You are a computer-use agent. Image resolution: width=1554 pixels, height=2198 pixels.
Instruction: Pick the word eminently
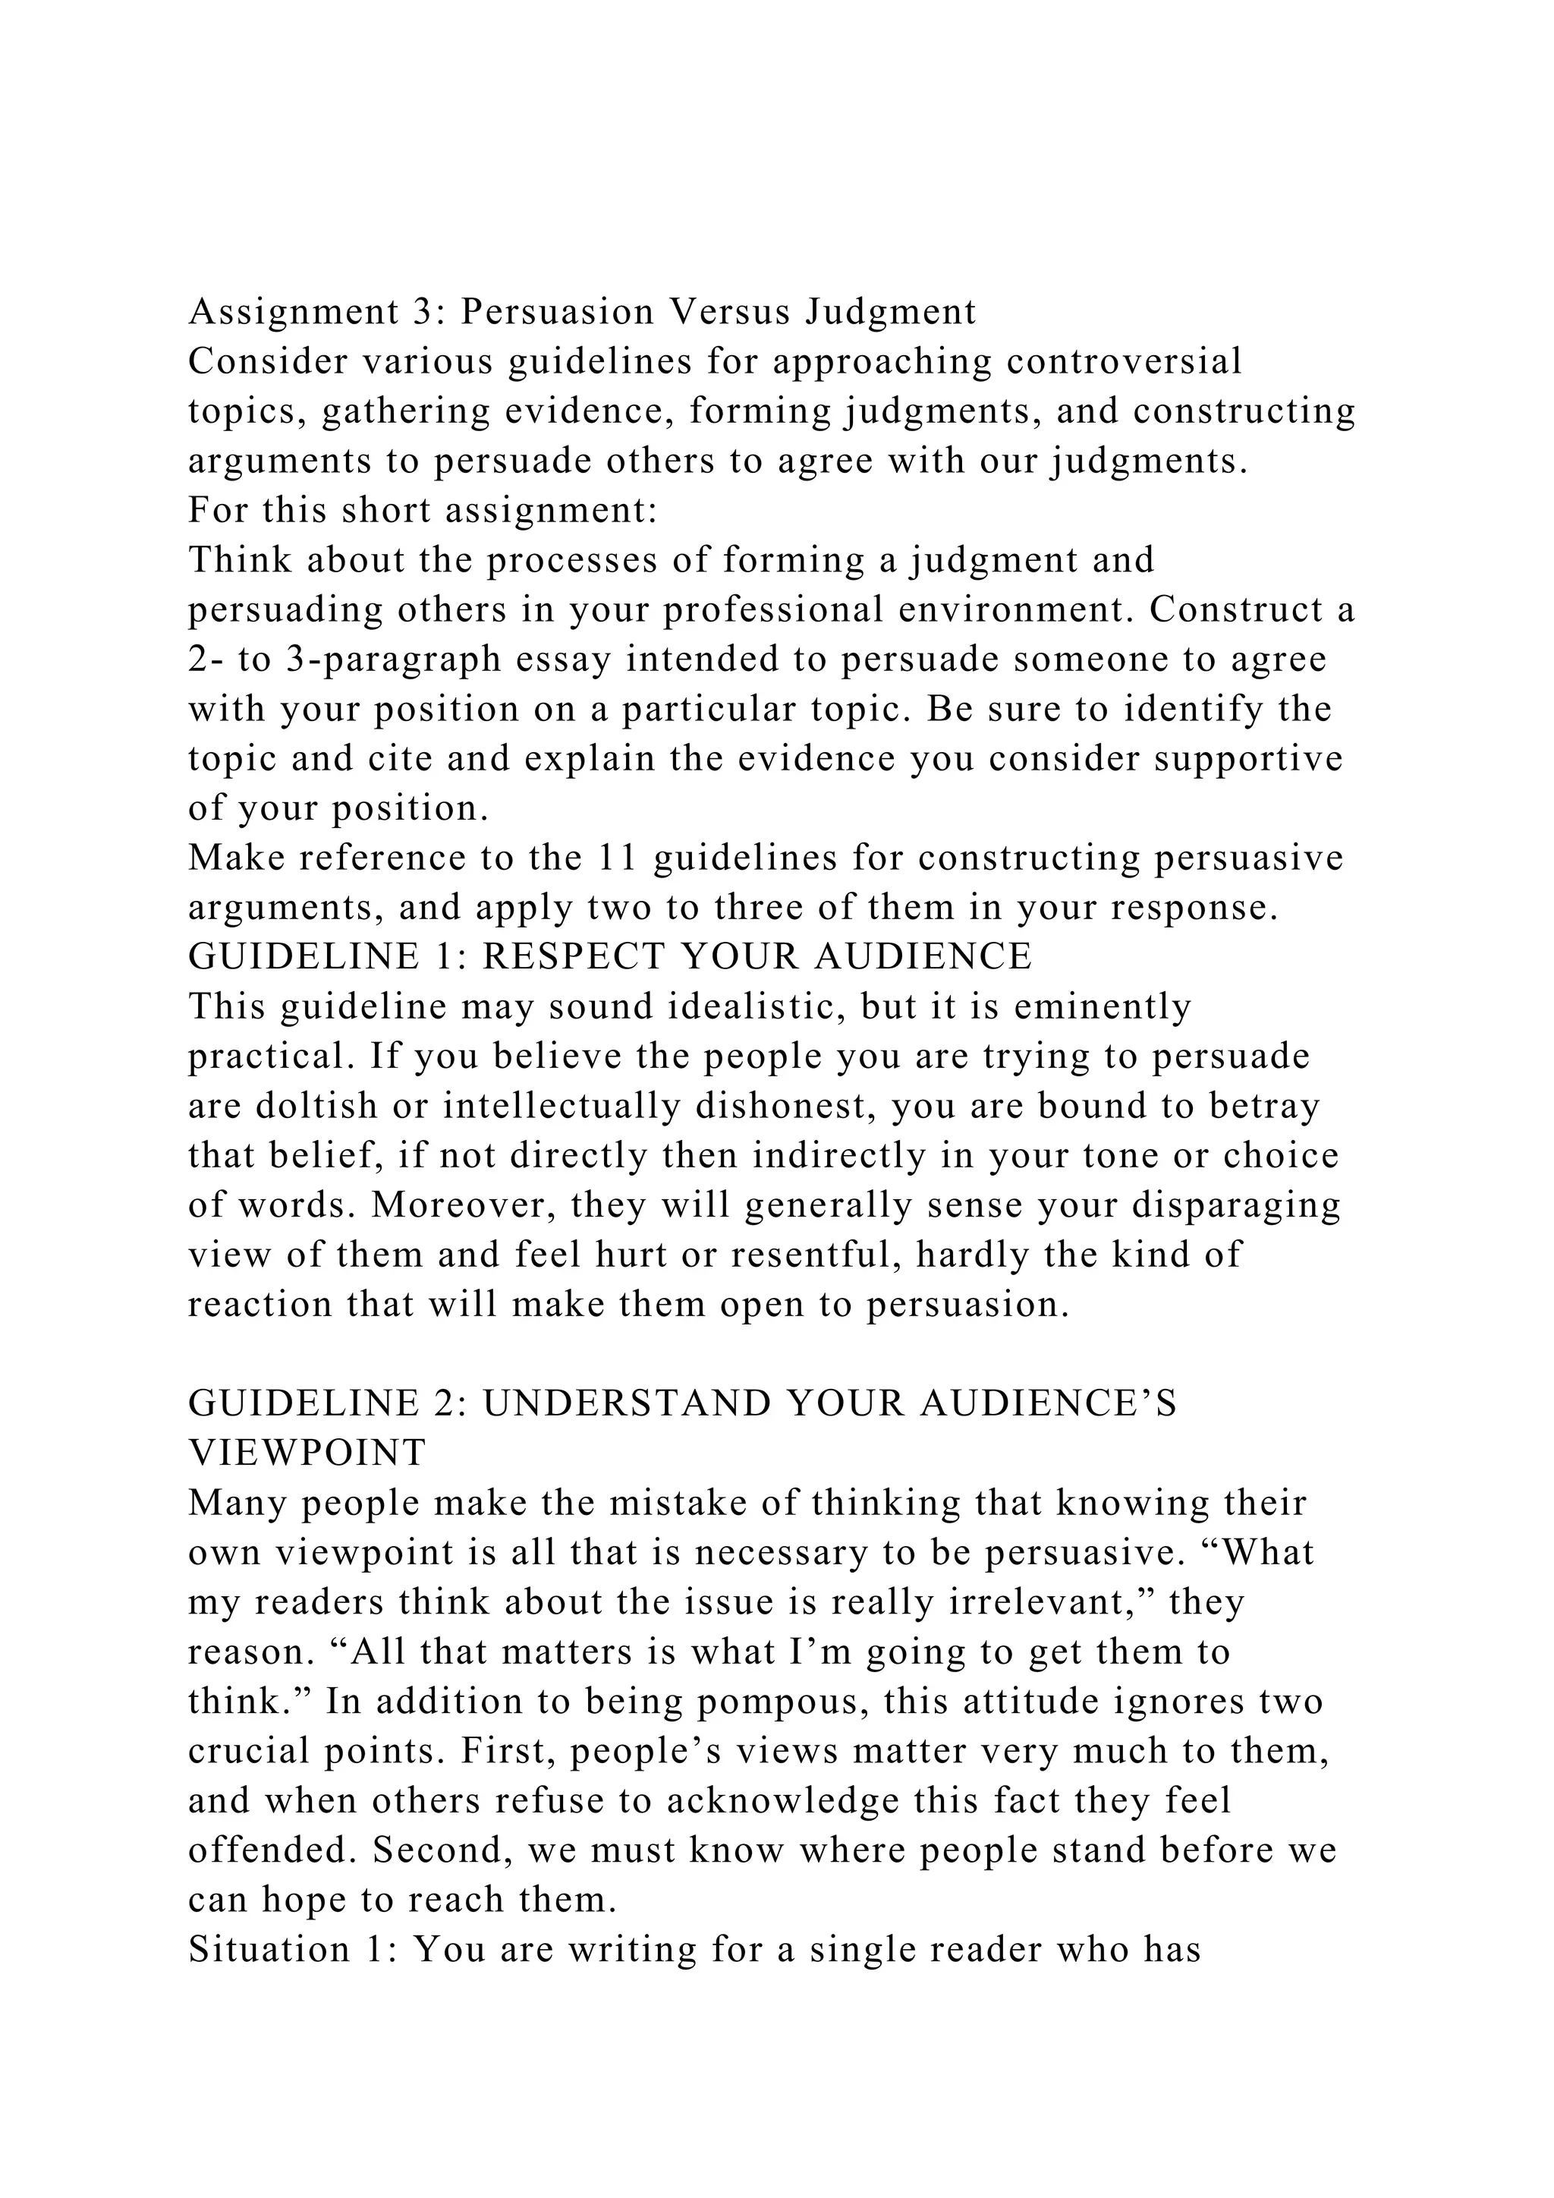[x=1103, y=1006]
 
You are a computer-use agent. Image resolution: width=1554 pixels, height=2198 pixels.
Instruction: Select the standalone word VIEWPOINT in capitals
[x=307, y=1452]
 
